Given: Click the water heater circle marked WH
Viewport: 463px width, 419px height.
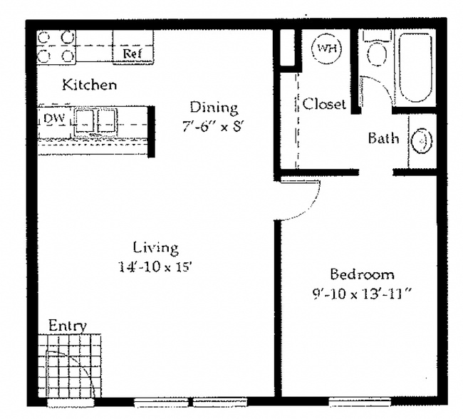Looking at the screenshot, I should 327,48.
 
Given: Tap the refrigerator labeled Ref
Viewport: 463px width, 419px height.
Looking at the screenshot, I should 131,52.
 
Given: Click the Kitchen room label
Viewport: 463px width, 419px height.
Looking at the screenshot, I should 89,85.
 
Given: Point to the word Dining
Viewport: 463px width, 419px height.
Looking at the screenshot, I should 213,108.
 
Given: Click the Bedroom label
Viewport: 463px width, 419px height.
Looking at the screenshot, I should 361,274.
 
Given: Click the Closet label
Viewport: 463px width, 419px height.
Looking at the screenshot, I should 324,104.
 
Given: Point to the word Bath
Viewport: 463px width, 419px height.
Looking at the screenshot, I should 383,138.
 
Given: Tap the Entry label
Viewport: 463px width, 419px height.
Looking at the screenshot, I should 67,326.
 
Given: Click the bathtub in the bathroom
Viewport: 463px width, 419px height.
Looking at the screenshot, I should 412,66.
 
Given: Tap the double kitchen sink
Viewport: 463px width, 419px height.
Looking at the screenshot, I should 95,119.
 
